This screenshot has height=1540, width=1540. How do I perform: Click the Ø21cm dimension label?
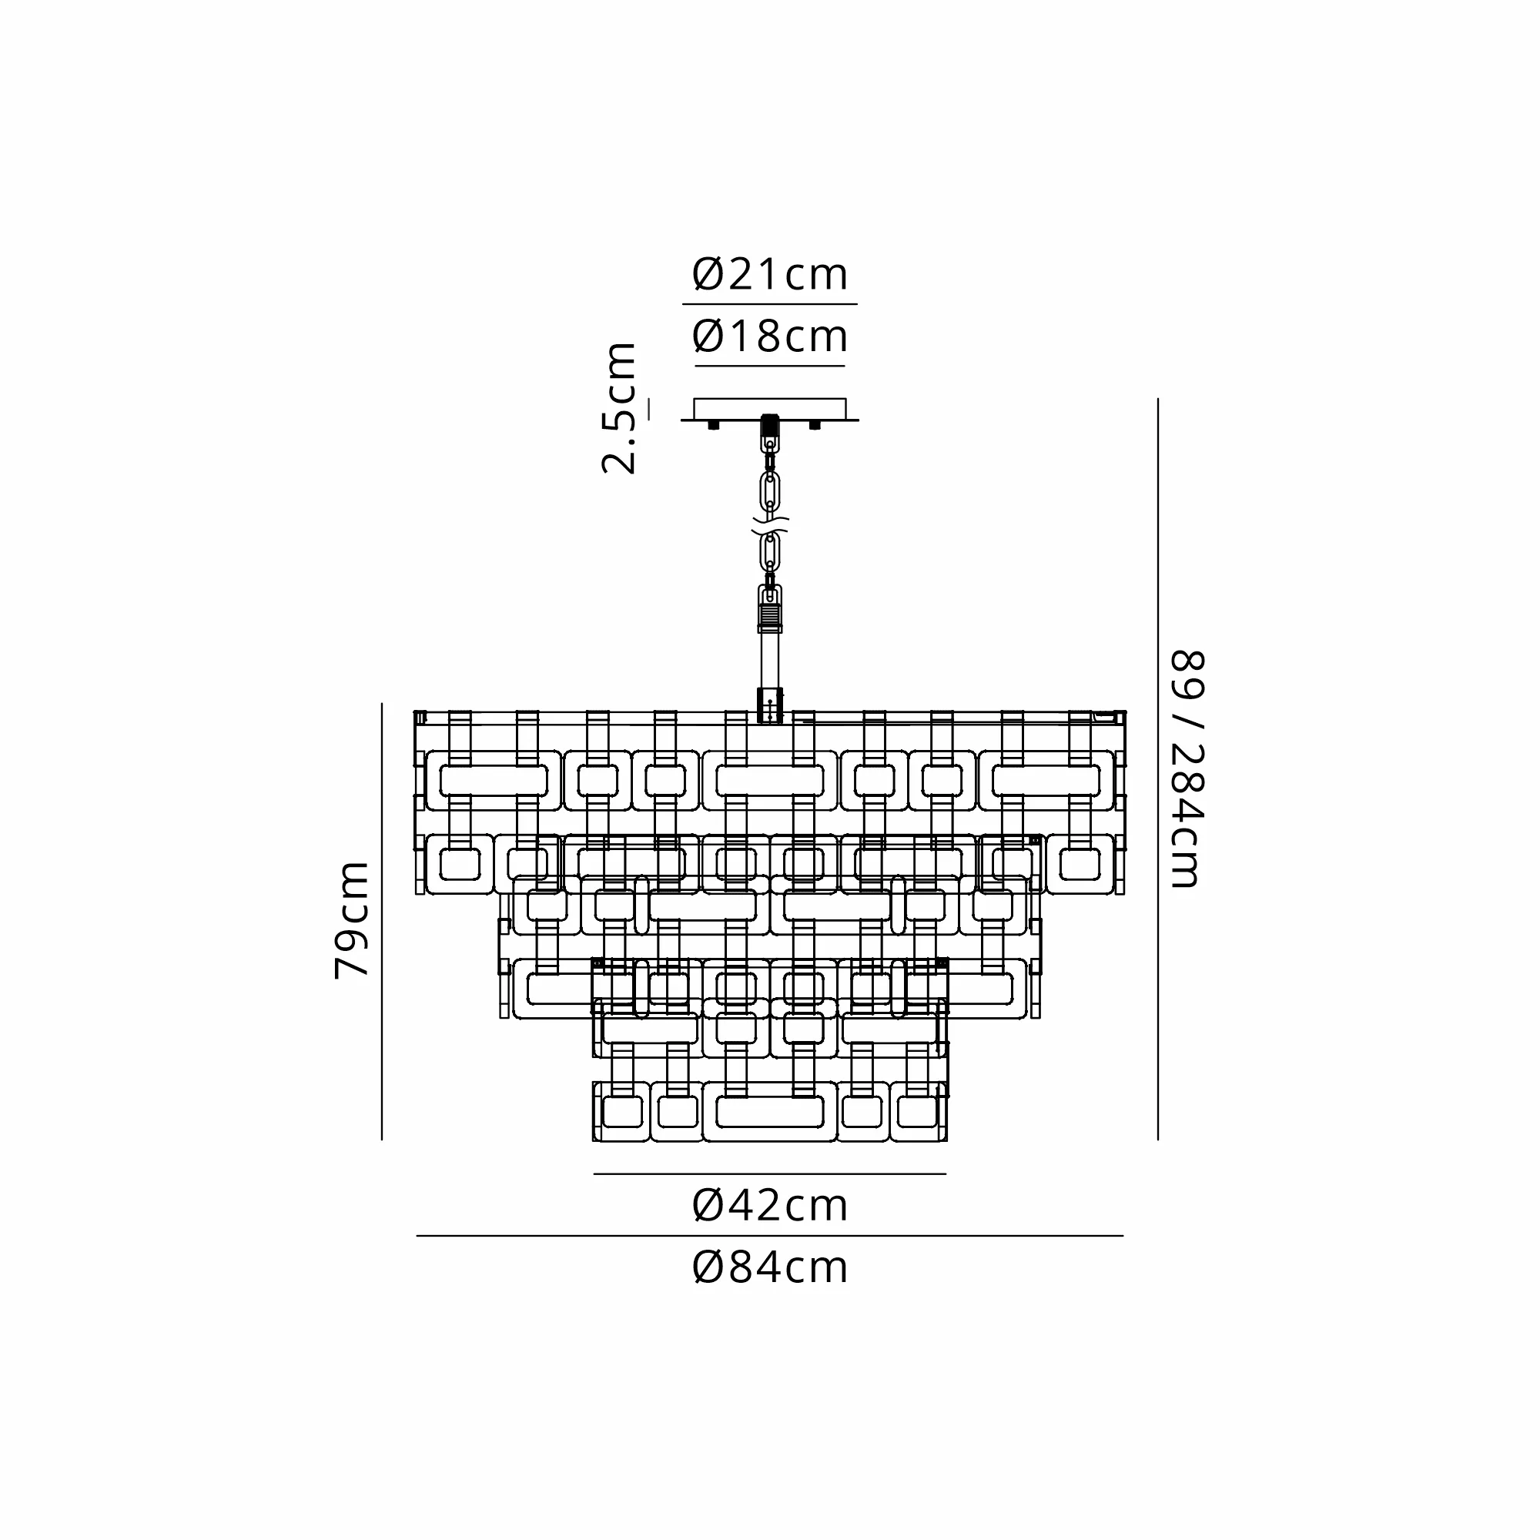(x=769, y=275)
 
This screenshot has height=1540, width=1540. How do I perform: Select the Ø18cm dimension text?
(x=769, y=336)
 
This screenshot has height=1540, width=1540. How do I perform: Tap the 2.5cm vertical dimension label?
(x=619, y=408)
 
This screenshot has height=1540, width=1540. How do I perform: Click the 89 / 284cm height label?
(x=1187, y=769)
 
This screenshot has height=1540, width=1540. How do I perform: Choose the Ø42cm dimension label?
(x=769, y=1205)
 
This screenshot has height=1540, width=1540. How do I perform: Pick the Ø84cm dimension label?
(x=769, y=1267)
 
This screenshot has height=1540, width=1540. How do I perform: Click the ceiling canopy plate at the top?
(x=769, y=409)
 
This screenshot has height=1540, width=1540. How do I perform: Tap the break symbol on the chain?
(x=770, y=525)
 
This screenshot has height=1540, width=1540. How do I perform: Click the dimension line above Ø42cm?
(x=769, y=1174)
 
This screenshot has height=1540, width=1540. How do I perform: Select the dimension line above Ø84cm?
(x=769, y=1237)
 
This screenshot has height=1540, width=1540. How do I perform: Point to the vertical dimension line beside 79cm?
(x=382, y=921)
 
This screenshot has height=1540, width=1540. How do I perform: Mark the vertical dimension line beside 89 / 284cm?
(x=1157, y=769)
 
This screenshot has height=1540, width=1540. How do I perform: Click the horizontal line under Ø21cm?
(x=769, y=304)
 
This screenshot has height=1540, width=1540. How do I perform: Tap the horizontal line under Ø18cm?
(x=769, y=367)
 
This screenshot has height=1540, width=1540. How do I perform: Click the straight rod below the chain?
(x=770, y=660)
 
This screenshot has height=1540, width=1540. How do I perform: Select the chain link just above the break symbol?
(x=770, y=491)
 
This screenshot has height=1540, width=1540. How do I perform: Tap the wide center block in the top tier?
(x=769, y=780)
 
